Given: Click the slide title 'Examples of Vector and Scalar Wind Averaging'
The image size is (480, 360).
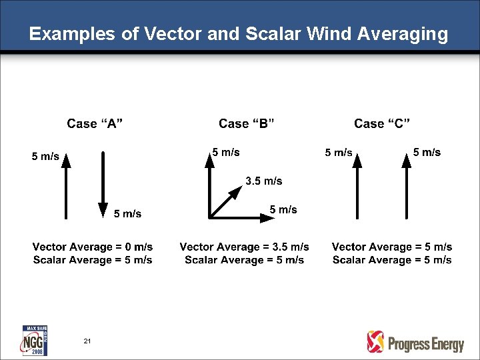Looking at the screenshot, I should click(239, 34).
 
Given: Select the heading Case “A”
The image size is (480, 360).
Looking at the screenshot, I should click(94, 123).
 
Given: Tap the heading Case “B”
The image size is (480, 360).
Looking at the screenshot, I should click(247, 123).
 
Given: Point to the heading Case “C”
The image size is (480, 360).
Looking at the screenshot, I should click(382, 123).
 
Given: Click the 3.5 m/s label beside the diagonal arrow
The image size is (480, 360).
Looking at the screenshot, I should click(264, 181).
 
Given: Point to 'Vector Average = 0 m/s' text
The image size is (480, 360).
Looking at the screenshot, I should click(93, 247).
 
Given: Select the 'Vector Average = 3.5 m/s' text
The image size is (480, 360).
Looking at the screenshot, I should click(244, 247).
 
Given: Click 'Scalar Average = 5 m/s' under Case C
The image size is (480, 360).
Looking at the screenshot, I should click(392, 260).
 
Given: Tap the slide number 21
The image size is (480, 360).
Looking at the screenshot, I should click(87, 341).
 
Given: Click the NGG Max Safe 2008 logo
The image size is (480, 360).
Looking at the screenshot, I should click(35, 340).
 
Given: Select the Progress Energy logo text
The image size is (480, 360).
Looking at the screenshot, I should click(425, 344).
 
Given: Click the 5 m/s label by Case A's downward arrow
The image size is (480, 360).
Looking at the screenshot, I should click(127, 214).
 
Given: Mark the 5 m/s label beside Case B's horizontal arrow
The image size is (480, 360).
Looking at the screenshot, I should click(283, 210).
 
